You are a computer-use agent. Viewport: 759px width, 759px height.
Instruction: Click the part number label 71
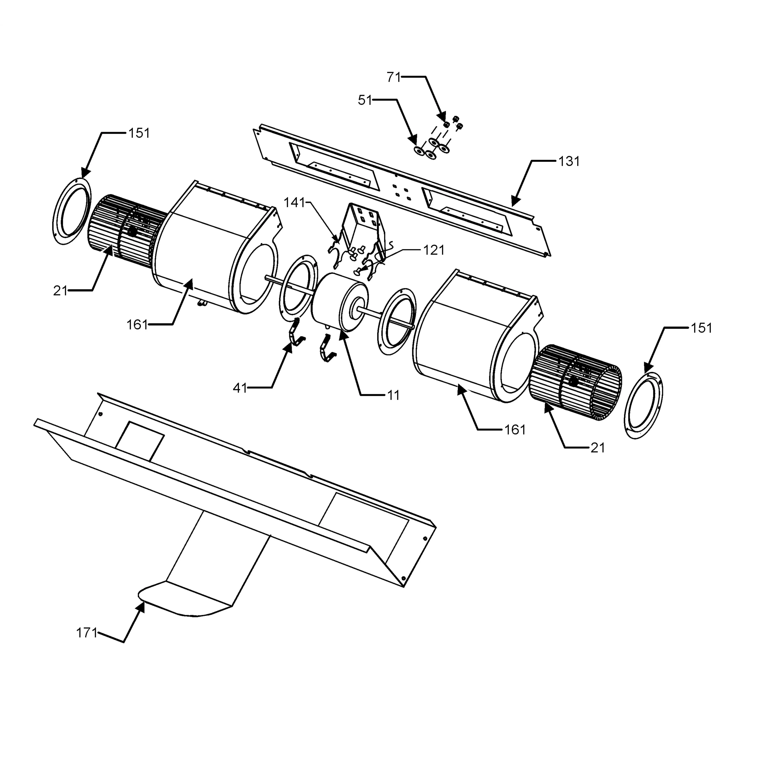[x=393, y=77]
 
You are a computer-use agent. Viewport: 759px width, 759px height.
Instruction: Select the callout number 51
[x=365, y=100]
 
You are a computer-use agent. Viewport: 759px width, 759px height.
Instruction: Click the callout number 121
[x=434, y=250]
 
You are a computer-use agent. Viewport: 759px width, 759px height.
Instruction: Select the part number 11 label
[x=393, y=395]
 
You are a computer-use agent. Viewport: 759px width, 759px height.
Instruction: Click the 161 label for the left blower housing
[x=137, y=325]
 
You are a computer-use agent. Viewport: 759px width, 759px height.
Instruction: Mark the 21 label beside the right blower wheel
[x=598, y=448]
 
